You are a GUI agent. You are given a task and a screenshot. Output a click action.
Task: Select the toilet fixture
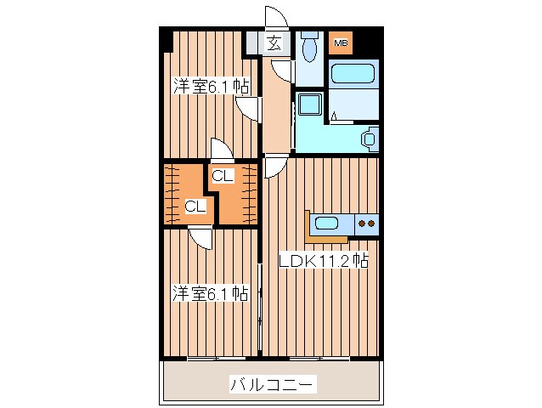point(311,47)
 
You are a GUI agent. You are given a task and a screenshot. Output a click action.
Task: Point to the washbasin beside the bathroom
point(370,139)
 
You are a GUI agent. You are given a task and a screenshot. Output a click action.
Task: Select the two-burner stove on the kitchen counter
point(367,224)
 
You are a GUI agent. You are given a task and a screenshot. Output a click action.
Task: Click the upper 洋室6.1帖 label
point(212,87)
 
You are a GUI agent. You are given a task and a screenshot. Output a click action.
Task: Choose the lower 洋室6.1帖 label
point(211,294)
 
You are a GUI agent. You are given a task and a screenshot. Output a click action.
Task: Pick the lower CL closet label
point(195,206)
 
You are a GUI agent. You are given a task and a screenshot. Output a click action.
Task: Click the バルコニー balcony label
point(273,385)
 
